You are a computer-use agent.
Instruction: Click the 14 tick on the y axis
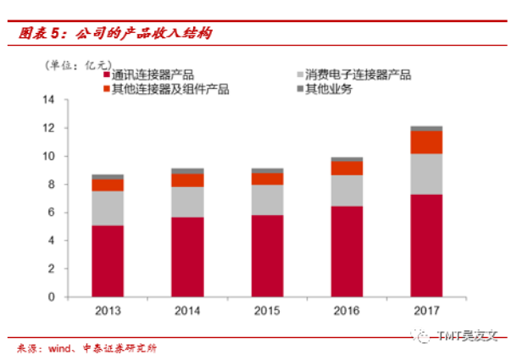pos(48,100)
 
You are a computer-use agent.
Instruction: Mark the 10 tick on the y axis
pos(48,157)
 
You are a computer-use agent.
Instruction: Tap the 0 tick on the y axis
pos(52,297)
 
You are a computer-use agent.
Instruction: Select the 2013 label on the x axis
pos(108,311)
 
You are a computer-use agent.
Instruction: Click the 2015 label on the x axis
pos(267,311)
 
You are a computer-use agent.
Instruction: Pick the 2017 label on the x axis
pos(426,311)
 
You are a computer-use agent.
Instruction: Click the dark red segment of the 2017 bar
pos(426,246)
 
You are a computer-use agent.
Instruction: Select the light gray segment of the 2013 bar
pos(108,208)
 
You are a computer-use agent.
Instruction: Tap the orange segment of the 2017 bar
pos(426,142)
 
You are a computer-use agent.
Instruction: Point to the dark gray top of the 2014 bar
pos(187,171)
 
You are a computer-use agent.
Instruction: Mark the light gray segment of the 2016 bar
pos(347,191)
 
